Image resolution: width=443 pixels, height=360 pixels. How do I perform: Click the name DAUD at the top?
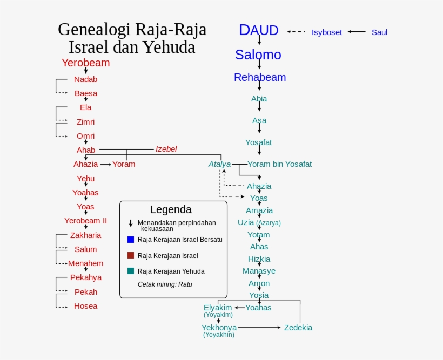pyautogui.click(x=259, y=31)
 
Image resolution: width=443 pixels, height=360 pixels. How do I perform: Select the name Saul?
pyautogui.click(x=379, y=32)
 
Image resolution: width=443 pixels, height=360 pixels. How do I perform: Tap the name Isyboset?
pyautogui.click(x=327, y=32)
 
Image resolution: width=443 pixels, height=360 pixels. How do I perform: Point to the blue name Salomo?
pyautogui.click(x=258, y=55)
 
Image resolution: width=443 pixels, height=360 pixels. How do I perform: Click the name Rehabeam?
pyautogui.click(x=260, y=77)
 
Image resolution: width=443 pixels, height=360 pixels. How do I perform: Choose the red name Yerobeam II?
pyautogui.click(x=85, y=221)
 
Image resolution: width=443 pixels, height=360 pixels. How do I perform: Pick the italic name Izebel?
pyautogui.click(x=166, y=149)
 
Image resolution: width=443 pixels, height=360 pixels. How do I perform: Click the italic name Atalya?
pyautogui.click(x=219, y=164)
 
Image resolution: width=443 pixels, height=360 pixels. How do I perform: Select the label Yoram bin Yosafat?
pyautogui.click(x=279, y=164)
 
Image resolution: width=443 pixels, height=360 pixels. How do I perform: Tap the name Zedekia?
pyautogui.click(x=298, y=328)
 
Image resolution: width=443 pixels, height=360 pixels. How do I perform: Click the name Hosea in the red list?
pyautogui.click(x=86, y=306)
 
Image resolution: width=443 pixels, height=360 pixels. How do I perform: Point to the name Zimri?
pyautogui.click(x=85, y=122)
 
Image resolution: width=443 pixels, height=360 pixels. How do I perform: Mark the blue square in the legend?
pyautogui.click(x=131, y=239)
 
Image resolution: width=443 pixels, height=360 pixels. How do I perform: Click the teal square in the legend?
pyautogui.click(x=131, y=271)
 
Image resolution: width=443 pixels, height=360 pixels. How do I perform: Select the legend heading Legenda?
pyautogui.click(x=171, y=209)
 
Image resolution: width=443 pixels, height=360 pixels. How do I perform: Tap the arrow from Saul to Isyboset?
pyautogui.click(x=357, y=32)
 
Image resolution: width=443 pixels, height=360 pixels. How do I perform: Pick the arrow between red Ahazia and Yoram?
pyautogui.click(x=105, y=164)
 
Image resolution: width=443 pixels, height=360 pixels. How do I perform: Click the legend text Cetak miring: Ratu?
pyautogui.click(x=165, y=284)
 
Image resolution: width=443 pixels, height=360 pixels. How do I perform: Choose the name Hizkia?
pyautogui.click(x=259, y=259)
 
